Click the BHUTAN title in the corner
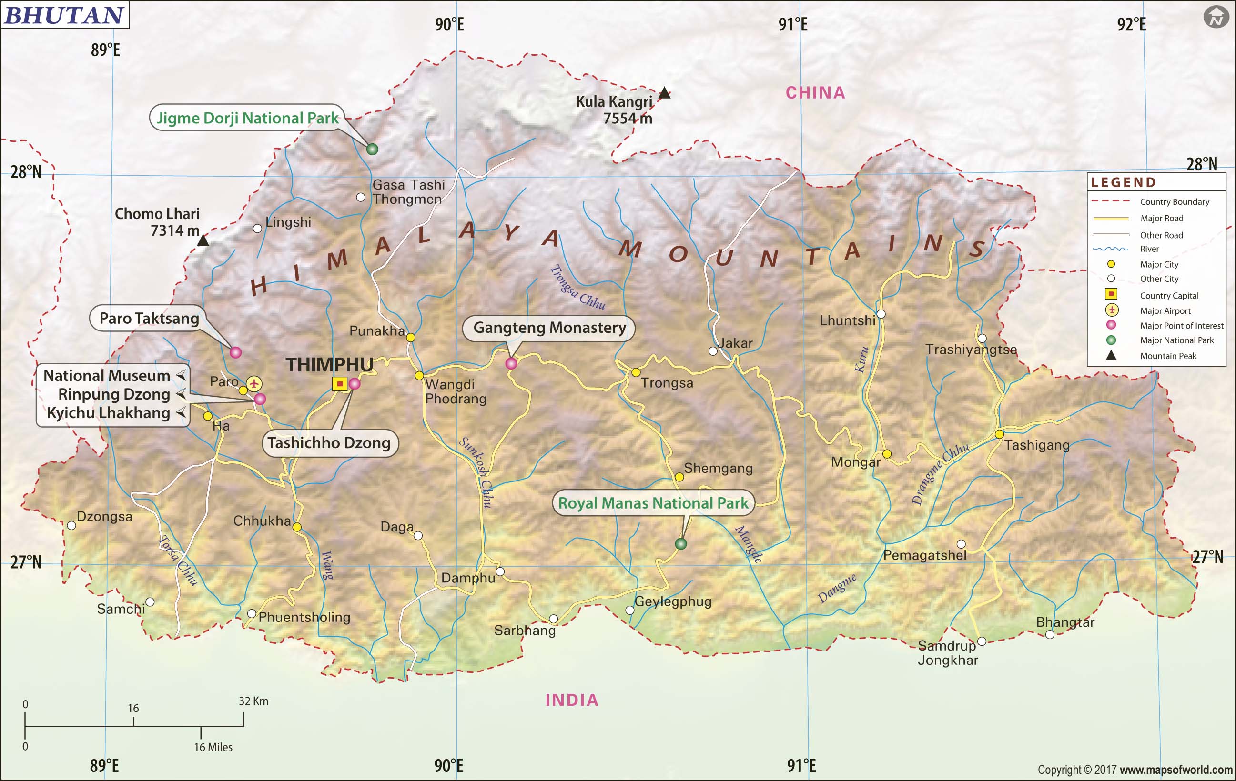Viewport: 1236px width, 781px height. click(x=65, y=15)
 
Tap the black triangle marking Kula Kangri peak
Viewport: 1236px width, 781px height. click(x=664, y=93)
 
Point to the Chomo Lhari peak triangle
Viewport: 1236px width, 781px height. click(x=203, y=240)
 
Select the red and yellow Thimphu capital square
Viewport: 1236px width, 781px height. click(x=339, y=384)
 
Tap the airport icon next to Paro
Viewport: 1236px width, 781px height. click(x=254, y=383)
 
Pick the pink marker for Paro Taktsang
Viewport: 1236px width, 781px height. click(x=235, y=352)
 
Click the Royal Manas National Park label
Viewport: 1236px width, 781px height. click(x=653, y=503)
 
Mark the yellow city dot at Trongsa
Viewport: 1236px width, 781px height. click(x=636, y=372)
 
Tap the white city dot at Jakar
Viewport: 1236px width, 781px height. click(x=712, y=351)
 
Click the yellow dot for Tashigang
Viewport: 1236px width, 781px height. click(x=999, y=434)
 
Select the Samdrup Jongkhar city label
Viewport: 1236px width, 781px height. click(x=948, y=653)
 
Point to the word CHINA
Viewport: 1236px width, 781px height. click(x=815, y=93)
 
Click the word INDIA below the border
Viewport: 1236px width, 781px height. click(x=572, y=700)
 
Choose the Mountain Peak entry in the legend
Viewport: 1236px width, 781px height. click(x=1168, y=356)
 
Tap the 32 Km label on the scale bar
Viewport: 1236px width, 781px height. click(x=253, y=701)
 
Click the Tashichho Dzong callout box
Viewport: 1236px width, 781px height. click(x=329, y=443)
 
